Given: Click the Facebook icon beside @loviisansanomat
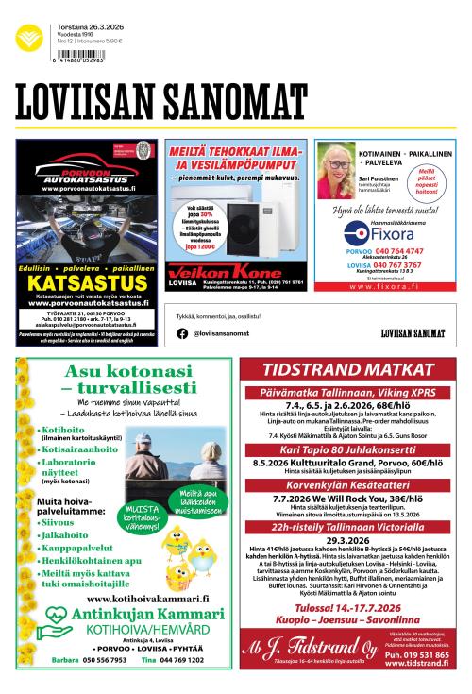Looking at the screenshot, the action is [181, 333].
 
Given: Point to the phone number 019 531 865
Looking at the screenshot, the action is [416, 654].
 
